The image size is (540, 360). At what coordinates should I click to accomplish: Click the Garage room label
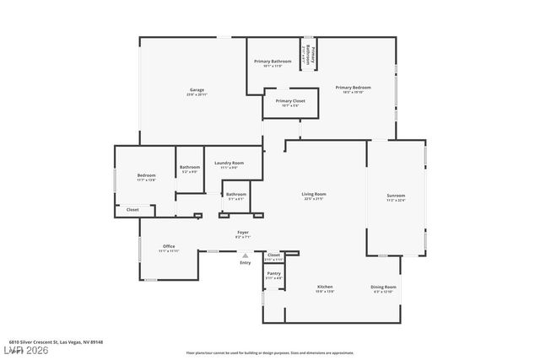pyautogui.click(x=197, y=91)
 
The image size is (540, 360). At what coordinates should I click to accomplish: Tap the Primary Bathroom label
pyautogui.click(x=273, y=62)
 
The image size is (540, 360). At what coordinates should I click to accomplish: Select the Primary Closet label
pyautogui.click(x=290, y=101)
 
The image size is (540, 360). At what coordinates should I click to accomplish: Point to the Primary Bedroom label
pyautogui.click(x=355, y=89)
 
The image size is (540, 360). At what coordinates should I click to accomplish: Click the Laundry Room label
pyautogui.click(x=229, y=164)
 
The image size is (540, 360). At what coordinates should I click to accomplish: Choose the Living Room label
pyautogui.click(x=314, y=196)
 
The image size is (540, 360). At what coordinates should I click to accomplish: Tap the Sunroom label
pyautogui.click(x=396, y=196)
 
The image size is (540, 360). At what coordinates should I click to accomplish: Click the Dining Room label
pyautogui.click(x=384, y=287)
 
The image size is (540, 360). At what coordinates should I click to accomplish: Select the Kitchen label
pyautogui.click(x=325, y=287)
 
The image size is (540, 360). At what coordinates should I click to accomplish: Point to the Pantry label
pyautogui.click(x=273, y=274)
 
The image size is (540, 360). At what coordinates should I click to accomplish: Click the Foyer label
pyautogui.click(x=242, y=233)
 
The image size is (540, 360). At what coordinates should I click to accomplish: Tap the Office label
pyautogui.click(x=169, y=246)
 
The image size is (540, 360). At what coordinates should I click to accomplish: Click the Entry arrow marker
pyautogui.click(x=246, y=255)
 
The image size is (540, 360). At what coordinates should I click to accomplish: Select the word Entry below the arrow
pyautogui.click(x=246, y=263)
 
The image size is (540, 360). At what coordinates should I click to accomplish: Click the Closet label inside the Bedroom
pyautogui.click(x=132, y=209)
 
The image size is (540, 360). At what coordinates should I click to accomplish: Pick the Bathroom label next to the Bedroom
pyautogui.click(x=190, y=168)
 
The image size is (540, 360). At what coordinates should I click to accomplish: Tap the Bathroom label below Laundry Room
pyautogui.click(x=236, y=195)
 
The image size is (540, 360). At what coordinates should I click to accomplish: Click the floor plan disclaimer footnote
pyautogui.click(x=269, y=352)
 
